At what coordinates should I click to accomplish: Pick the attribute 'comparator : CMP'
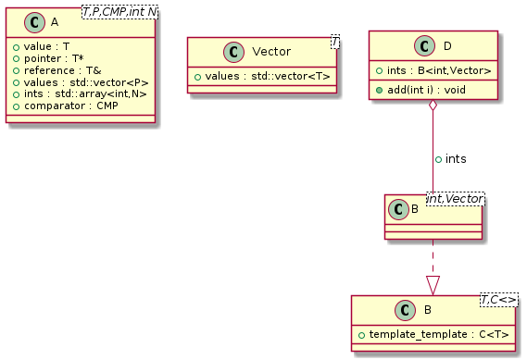click(68, 106)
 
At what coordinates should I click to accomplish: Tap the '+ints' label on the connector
click(451, 159)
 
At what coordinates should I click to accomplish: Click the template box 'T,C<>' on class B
click(500, 301)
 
